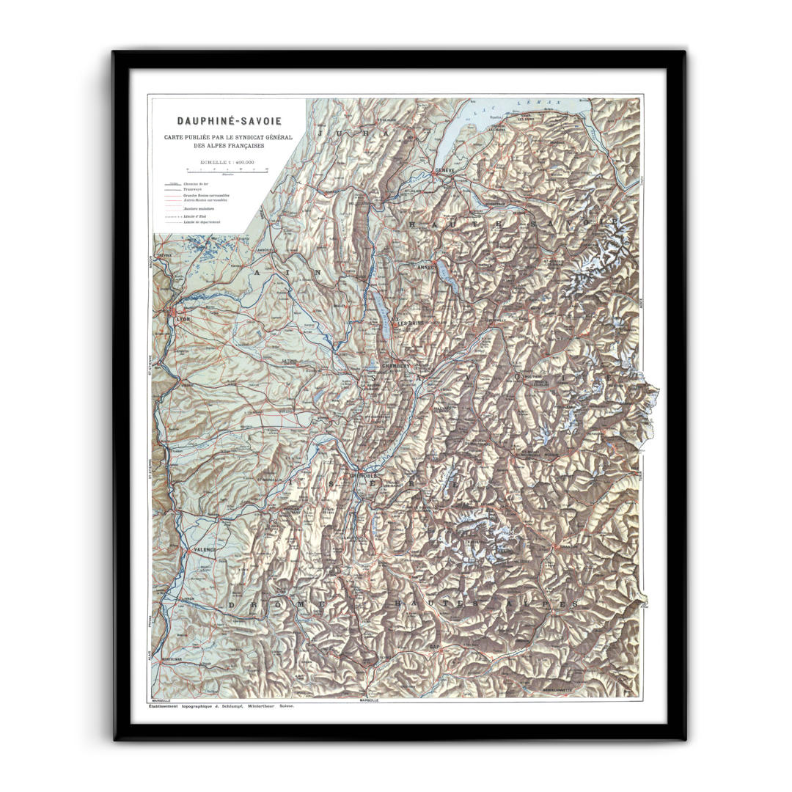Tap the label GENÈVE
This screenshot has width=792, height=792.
[x=445, y=170]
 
